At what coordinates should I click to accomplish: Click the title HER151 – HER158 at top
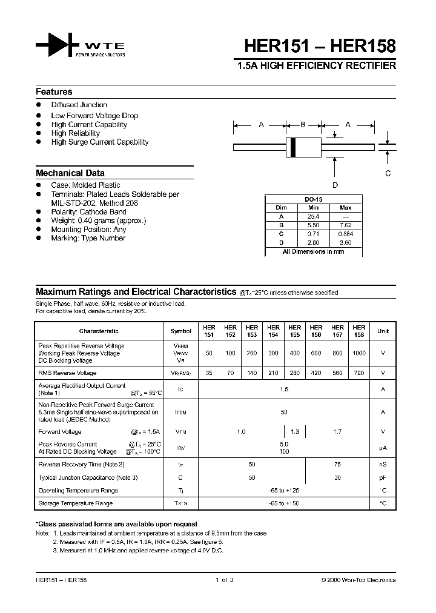pyautogui.click(x=320, y=46)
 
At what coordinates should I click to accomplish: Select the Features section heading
pyautogui.click(x=54, y=92)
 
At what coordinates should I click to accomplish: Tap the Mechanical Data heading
pyautogui.click(x=70, y=173)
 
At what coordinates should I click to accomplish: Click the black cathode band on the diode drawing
pyautogui.click(x=294, y=147)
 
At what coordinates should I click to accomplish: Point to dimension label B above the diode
pyautogui.click(x=303, y=125)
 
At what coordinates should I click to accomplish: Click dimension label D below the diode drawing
pyautogui.click(x=335, y=185)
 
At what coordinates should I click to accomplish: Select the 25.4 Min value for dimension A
pyautogui.click(x=313, y=216)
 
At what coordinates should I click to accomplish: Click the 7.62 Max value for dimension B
pyautogui.click(x=346, y=225)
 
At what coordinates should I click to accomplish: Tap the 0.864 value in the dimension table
pyautogui.click(x=346, y=234)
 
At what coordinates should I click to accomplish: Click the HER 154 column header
pyautogui.click(x=273, y=331)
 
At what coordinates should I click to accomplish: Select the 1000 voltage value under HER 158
pyautogui.click(x=359, y=353)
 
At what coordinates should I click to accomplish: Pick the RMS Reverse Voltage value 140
pyautogui.click(x=252, y=373)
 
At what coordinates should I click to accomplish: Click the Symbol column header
pyautogui.click(x=180, y=331)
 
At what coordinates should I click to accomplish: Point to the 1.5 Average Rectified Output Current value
pyautogui.click(x=284, y=389)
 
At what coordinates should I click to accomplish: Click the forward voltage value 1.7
pyautogui.click(x=337, y=432)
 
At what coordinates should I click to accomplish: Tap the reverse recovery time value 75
pyautogui.click(x=337, y=465)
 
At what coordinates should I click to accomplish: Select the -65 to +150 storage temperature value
pyautogui.click(x=284, y=503)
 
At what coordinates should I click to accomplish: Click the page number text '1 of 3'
pyautogui.click(x=224, y=580)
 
